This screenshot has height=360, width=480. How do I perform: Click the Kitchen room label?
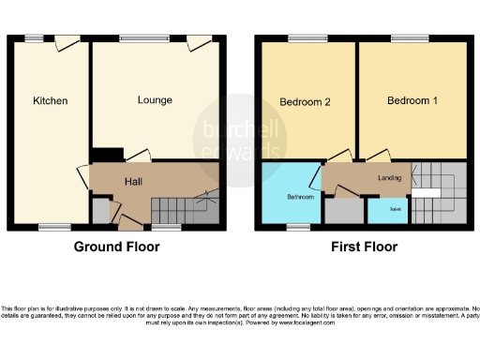click(50, 100)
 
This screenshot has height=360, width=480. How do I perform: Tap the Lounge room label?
click(154, 99)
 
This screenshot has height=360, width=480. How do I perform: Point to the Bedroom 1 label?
click(412, 100)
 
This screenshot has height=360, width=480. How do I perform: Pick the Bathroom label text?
click(300, 198)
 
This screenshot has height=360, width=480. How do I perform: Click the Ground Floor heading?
click(117, 247)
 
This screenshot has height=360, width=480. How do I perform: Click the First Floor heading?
click(363, 247)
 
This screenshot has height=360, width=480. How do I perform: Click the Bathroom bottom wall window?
click(299, 227)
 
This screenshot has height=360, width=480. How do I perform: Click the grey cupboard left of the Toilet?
click(340, 210)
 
